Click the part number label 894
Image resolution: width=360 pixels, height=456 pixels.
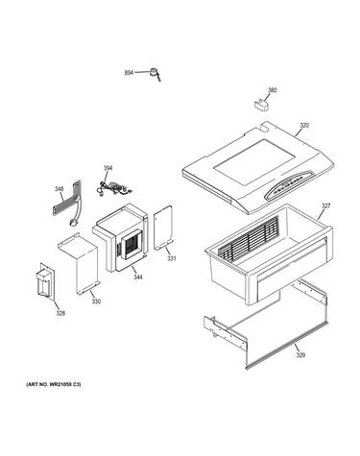[129, 73]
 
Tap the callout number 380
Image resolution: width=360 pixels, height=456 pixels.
[272, 90]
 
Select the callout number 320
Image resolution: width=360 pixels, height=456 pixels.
[304, 126]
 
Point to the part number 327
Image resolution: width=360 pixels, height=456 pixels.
[325, 206]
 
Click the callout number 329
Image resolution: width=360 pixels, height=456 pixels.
[300, 355]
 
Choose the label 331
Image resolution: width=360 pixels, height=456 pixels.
[172, 258]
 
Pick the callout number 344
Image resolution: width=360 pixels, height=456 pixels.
[138, 277]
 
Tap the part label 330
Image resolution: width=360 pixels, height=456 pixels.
[96, 301]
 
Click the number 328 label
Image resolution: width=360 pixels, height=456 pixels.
[60, 313]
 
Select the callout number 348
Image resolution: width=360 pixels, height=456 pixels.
[59, 189]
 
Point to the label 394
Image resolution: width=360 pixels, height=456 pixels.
[108, 168]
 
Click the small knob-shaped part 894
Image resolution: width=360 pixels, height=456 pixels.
[155, 75]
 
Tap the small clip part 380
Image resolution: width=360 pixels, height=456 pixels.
[262, 105]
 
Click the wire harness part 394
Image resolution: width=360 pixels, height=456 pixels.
[113, 189]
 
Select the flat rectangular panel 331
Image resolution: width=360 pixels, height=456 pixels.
[163, 228]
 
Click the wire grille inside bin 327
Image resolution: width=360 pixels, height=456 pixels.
[249, 236]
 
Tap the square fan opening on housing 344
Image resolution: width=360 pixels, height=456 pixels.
[132, 246]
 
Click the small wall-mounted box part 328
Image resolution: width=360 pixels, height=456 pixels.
[45, 282]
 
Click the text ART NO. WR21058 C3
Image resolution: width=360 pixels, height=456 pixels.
[54, 384]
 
